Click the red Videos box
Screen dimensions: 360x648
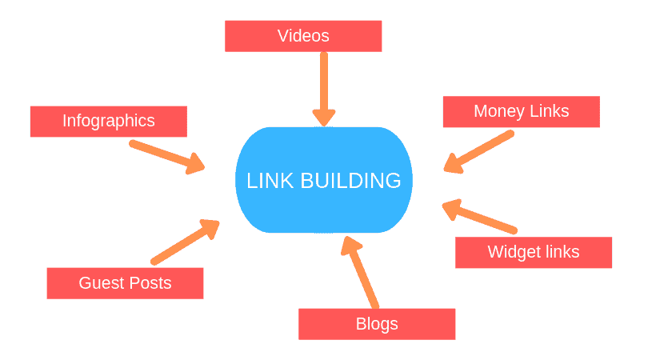(x=303, y=36)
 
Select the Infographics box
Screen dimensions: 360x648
(x=108, y=122)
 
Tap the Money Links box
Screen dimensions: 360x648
(x=521, y=111)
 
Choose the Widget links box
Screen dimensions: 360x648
(x=533, y=253)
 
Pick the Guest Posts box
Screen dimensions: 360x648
(x=125, y=283)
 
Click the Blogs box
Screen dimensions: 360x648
(x=376, y=324)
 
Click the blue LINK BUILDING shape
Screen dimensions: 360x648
(x=323, y=181)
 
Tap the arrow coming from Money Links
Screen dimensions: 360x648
(x=478, y=152)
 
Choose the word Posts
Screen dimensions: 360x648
(x=150, y=283)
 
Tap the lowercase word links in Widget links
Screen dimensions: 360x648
(x=560, y=253)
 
